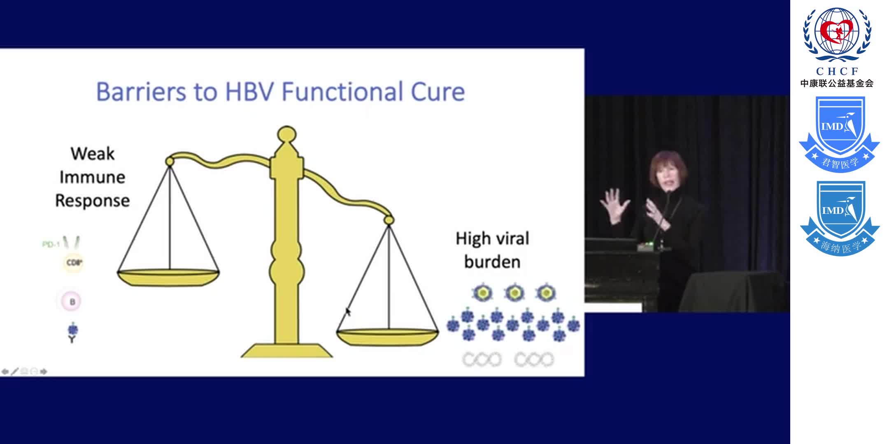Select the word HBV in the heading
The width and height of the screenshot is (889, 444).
(x=249, y=92)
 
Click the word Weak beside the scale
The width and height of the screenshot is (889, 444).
(x=93, y=154)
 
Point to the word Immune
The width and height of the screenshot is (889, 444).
(x=93, y=177)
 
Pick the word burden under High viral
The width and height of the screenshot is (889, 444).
(x=492, y=262)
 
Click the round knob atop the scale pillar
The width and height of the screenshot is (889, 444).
(x=287, y=134)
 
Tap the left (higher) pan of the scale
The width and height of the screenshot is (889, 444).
(x=168, y=277)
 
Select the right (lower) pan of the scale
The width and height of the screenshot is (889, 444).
(x=388, y=337)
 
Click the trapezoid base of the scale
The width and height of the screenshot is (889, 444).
(x=287, y=351)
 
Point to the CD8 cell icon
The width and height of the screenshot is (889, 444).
(x=74, y=263)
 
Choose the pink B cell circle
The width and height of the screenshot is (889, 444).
(x=72, y=302)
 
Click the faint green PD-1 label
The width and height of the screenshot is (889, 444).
(x=51, y=245)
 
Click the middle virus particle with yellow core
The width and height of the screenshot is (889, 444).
(x=514, y=293)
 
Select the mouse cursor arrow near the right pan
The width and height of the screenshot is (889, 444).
(x=348, y=312)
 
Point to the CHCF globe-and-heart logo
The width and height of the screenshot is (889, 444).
(x=837, y=35)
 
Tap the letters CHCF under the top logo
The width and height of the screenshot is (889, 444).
(x=837, y=72)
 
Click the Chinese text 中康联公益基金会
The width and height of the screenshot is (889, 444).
(x=837, y=83)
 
